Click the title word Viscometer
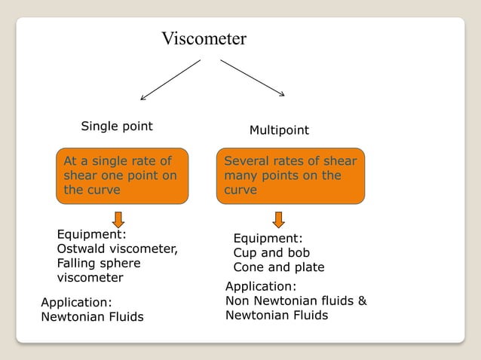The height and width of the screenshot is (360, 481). coord(204,38)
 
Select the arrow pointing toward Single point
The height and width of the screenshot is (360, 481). coord(170,80)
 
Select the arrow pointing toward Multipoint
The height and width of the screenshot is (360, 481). coord(253,78)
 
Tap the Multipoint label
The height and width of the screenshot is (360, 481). coord(279,130)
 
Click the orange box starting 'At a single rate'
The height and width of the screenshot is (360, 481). coord(122,176)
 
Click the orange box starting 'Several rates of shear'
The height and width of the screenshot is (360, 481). coord(290,176)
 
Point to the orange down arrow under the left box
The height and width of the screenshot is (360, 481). coord(118,219)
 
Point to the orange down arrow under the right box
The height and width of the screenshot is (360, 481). coord(278,219)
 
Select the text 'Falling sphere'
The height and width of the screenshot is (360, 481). coord(99,263)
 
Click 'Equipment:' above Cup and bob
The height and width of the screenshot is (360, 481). coord(268,239)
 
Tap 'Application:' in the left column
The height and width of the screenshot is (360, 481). coord(76,302)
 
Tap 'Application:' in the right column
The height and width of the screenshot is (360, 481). coord(261,286)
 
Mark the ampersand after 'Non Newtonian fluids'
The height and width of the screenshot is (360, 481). coord(362,301)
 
